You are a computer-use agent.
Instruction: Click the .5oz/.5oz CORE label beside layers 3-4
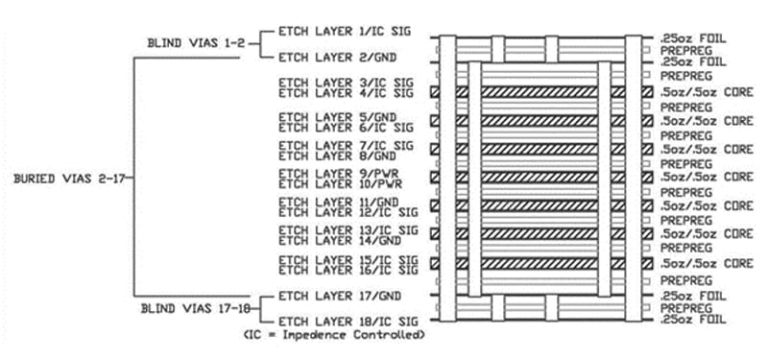[706, 92]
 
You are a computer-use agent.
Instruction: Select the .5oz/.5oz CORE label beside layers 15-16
[706, 262]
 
